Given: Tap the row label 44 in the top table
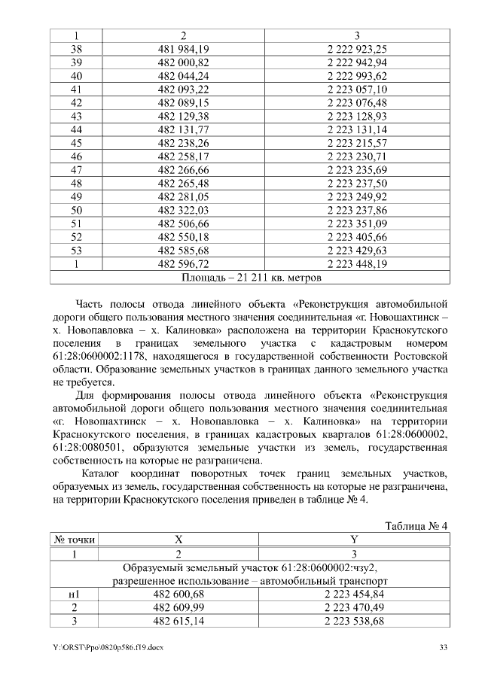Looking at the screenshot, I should click(75, 129).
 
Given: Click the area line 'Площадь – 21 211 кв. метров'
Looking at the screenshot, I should click(252, 278).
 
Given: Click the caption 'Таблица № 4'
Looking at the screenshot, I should click(416, 524).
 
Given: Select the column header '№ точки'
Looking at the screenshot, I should click(75, 540).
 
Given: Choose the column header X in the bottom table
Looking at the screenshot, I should click(179, 540).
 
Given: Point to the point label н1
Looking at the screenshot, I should click(75, 595).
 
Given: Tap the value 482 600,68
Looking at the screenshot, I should click(179, 595).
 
